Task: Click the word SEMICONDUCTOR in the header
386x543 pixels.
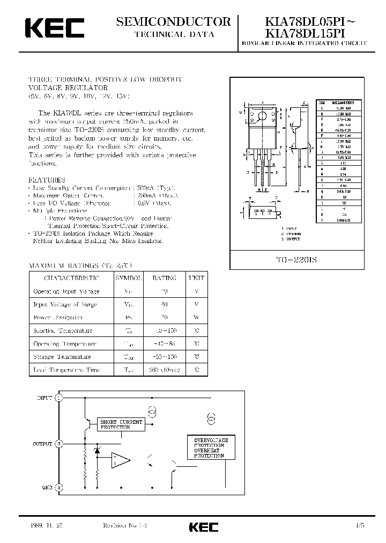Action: coord(174,21)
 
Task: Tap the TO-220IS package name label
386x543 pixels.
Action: coord(296,259)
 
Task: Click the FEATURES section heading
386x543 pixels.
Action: coord(47,180)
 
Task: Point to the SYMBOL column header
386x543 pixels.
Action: coord(129,278)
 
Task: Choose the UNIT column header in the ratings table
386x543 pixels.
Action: coord(196,278)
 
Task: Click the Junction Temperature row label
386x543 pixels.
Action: coord(63,331)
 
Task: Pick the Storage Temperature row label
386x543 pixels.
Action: coord(62,357)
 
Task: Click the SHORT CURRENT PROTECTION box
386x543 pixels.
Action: coord(122,424)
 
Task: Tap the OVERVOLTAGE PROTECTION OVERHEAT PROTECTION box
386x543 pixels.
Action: coord(211,447)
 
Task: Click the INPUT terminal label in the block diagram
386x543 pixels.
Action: coord(44,398)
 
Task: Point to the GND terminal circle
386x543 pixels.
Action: coord(60,487)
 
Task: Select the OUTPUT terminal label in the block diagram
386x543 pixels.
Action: coord(42,444)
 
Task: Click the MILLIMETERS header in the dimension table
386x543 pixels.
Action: coord(341,101)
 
